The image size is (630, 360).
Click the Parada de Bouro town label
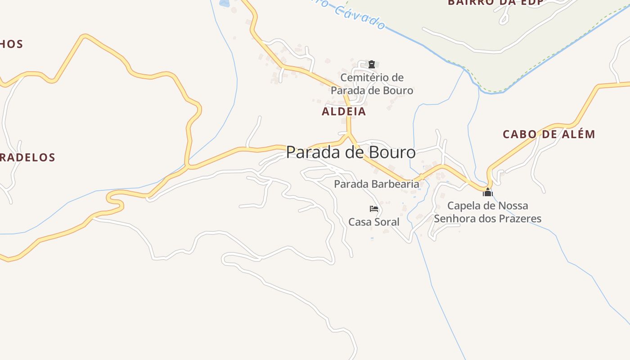click(x=351, y=152)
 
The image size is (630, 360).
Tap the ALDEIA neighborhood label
click(x=344, y=112)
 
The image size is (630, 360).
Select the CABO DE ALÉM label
click(x=549, y=134)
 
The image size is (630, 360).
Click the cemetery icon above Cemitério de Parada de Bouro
click(x=372, y=64)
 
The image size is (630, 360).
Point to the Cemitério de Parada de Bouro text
click(x=372, y=84)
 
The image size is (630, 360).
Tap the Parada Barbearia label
click(x=376, y=184)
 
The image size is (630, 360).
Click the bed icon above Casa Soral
click(x=373, y=209)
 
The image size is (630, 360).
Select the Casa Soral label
click(x=373, y=222)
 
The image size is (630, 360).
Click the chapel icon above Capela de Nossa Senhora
click(x=487, y=193)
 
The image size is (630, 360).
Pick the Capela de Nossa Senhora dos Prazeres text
click(x=487, y=212)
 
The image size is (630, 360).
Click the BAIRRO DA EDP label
click(x=495, y=3)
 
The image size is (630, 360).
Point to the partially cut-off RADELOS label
click(x=27, y=157)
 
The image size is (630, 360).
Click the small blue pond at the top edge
click(x=224, y=3)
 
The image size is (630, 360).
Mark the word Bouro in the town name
click(x=392, y=152)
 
